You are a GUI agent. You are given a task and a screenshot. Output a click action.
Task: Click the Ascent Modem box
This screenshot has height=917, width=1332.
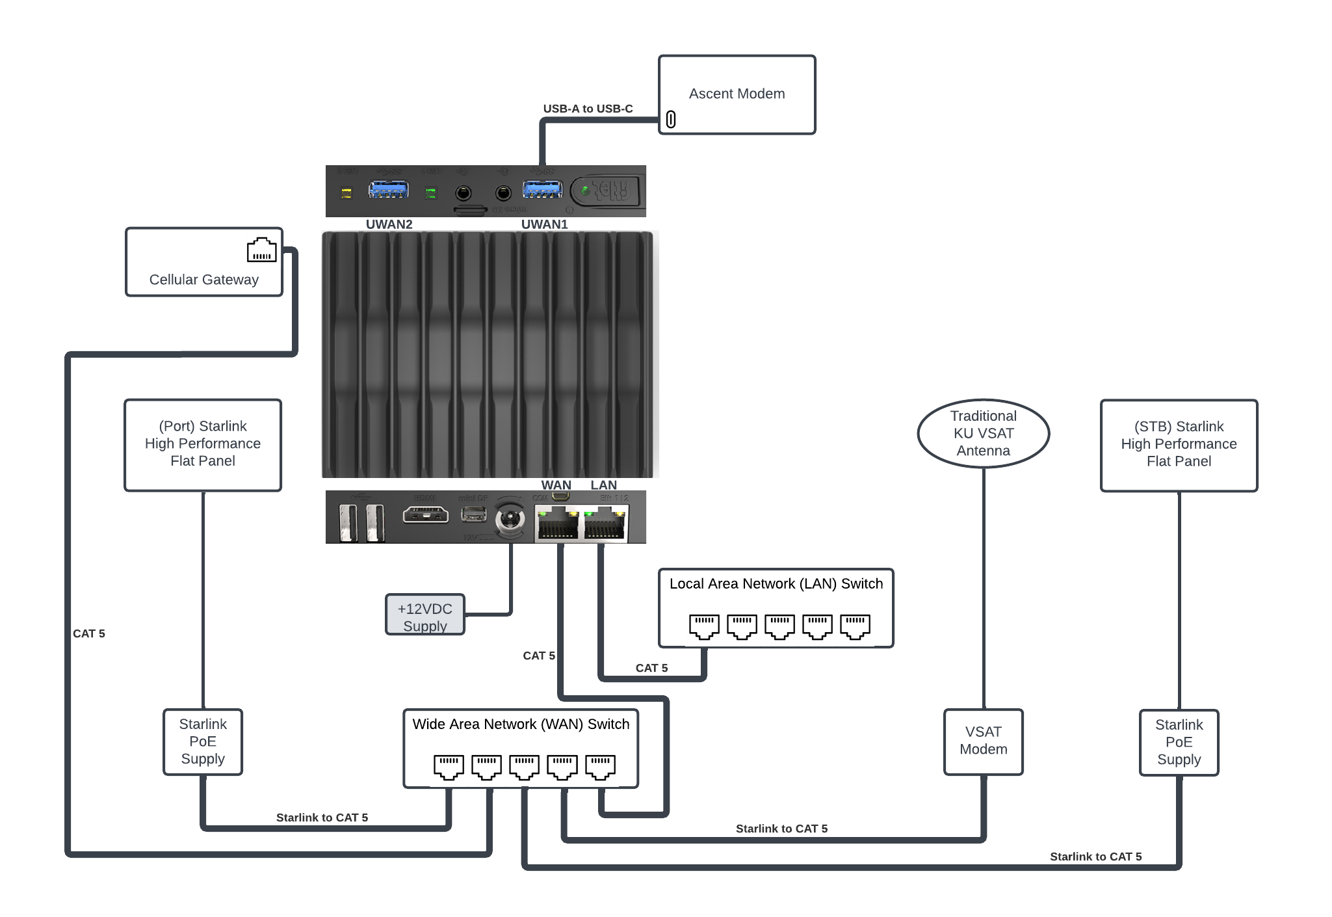click(737, 94)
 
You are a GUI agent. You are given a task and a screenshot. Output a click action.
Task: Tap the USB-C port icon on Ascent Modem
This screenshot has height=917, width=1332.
click(671, 120)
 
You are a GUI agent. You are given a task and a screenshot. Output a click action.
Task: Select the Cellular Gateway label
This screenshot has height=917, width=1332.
click(203, 280)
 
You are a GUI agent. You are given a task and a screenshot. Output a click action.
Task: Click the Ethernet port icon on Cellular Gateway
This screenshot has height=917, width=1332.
click(261, 250)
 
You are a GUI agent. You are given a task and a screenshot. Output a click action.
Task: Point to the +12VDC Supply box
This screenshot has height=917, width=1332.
click(424, 615)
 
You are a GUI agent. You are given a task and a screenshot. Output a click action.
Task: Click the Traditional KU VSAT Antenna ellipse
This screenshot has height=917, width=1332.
click(983, 433)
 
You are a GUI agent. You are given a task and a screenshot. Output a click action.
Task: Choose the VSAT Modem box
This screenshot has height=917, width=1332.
click(983, 741)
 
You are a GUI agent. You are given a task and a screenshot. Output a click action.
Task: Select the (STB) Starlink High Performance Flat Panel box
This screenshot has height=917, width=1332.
click(1179, 445)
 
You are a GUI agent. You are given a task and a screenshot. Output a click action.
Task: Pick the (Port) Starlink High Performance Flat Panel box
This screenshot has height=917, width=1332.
click(203, 445)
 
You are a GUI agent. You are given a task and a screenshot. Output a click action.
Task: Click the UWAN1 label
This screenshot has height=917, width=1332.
click(544, 224)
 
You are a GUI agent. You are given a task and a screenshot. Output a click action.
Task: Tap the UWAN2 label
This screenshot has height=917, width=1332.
click(389, 224)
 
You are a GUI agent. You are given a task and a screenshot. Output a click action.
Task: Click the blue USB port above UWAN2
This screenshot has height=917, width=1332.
click(388, 190)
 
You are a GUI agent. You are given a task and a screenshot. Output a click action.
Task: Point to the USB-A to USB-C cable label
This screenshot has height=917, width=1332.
click(588, 109)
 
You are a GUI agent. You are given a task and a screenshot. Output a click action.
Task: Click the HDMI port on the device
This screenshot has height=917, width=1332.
click(425, 515)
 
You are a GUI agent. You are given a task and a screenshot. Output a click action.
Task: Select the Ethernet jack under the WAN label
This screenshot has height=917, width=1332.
click(557, 524)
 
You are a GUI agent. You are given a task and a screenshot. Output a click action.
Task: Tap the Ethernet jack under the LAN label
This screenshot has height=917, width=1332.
click(605, 524)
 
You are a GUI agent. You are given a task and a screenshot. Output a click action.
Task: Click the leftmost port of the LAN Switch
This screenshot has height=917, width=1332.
click(704, 626)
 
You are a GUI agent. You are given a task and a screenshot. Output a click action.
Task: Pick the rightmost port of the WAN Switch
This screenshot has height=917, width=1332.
click(600, 767)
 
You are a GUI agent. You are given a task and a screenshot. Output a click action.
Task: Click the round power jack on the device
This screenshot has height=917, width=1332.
click(510, 520)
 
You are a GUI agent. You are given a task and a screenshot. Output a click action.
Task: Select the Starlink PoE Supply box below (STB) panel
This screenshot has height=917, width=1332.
click(1179, 742)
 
